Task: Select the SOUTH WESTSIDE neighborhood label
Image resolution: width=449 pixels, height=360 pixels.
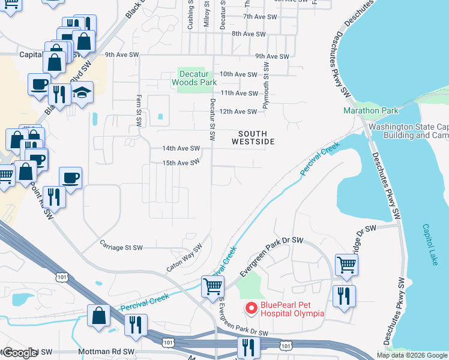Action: (x=253, y=137)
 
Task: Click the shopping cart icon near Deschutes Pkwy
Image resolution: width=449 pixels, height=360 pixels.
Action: (x=347, y=265)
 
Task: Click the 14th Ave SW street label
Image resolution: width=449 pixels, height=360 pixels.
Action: (x=181, y=148)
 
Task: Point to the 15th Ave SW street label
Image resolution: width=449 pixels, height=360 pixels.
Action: (x=181, y=163)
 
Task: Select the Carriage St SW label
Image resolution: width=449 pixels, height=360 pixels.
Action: (x=121, y=247)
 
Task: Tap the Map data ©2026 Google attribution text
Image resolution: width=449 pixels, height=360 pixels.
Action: (x=412, y=355)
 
